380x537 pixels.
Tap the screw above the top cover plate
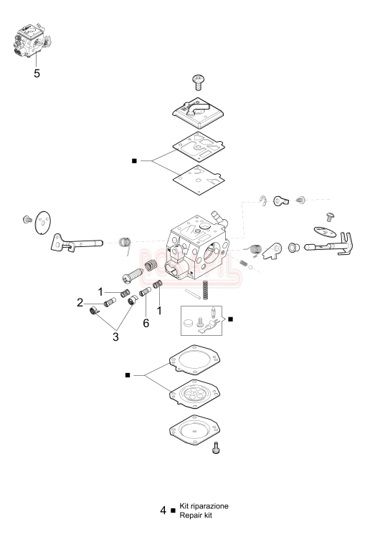[x=199, y=80]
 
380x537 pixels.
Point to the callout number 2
[x=100, y=304]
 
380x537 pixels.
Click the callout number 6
[x=146, y=324]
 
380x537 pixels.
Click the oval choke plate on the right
[x=323, y=231]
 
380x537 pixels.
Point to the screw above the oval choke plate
[x=331, y=215]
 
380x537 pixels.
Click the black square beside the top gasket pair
[x=135, y=161]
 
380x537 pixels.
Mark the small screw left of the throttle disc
[x=27, y=217]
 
